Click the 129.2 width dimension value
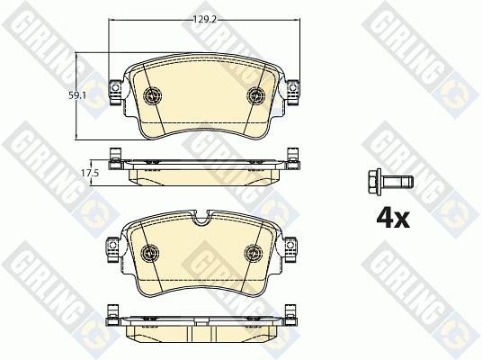coord(205,20)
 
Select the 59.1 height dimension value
coord(76,95)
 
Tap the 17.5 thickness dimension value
coord(90,173)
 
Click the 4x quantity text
coord(393,219)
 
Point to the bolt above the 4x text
coord(390,182)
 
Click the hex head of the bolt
coord(374,182)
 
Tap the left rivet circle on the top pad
coord(153,94)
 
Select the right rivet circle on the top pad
coord(255,94)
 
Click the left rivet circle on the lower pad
coord(149,253)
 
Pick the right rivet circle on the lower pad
coord(254,253)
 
